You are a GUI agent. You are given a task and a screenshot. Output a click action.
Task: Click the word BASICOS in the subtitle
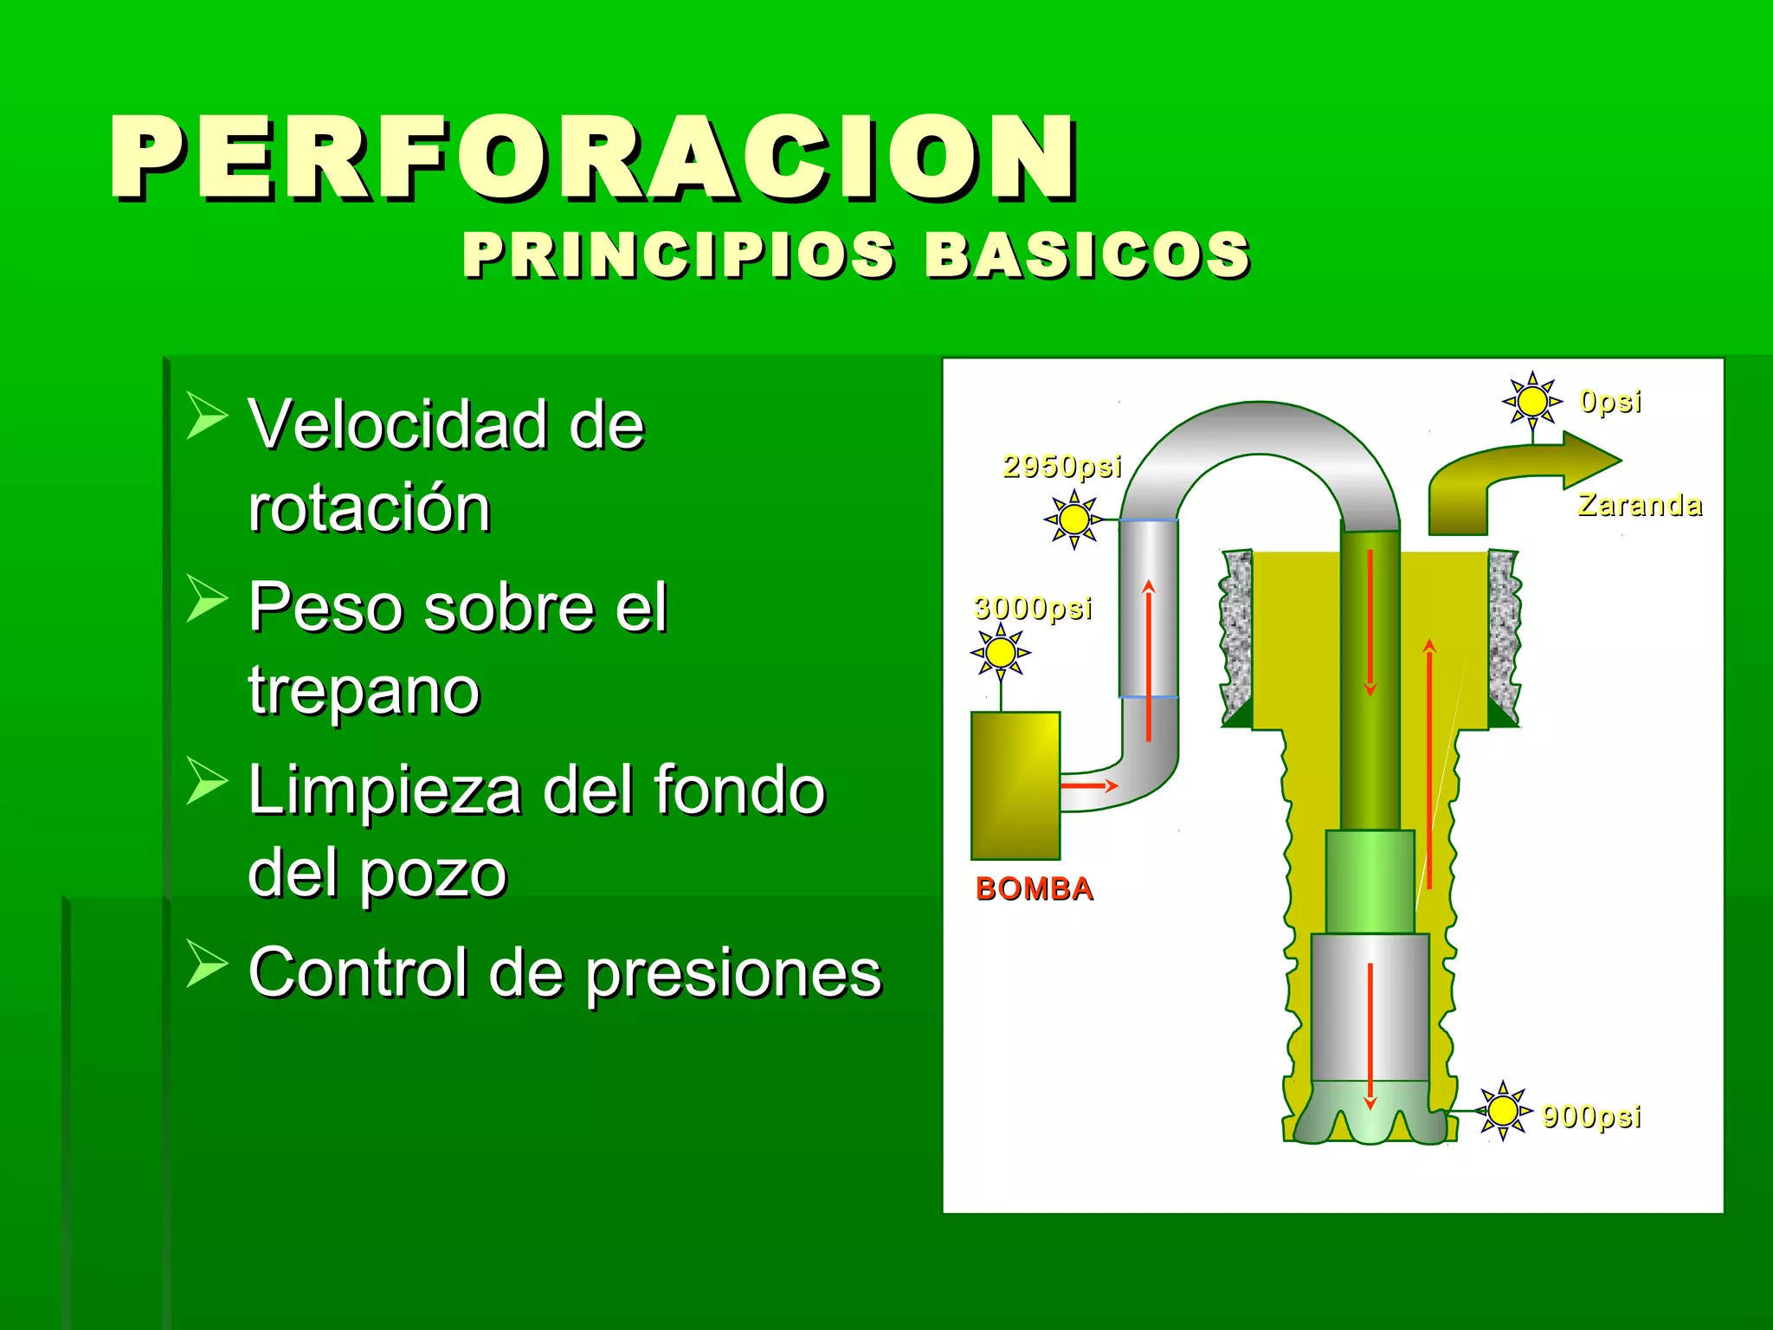tap(1087, 255)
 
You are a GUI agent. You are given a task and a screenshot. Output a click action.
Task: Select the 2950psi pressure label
tap(1061, 466)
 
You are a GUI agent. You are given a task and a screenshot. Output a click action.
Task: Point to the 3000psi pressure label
tap(1032, 608)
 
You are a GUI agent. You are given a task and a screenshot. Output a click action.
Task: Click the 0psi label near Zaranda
tap(1609, 401)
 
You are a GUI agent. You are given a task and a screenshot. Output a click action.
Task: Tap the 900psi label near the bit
tap(1590, 1115)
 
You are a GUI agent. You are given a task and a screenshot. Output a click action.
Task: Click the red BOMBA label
tap(1034, 888)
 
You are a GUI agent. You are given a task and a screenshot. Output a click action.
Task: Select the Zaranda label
tap(1639, 504)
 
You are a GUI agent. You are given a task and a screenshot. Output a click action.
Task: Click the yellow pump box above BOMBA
tap(1015, 784)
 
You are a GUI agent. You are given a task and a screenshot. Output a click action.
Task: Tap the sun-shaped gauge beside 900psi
tap(1503, 1110)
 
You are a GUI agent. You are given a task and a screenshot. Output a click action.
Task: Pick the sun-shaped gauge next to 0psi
tap(1532, 401)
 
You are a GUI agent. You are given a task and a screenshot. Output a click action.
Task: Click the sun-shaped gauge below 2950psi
tap(1073, 519)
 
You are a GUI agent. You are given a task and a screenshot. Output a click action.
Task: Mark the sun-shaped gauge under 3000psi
tap(1001, 653)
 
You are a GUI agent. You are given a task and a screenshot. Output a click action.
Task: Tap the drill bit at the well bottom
tap(1369, 1113)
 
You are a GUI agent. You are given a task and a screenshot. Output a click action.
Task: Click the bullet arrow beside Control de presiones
tap(206, 964)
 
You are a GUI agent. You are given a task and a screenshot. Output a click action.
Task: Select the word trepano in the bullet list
tap(364, 690)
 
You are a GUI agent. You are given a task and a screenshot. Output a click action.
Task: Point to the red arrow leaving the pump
tap(1089, 785)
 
